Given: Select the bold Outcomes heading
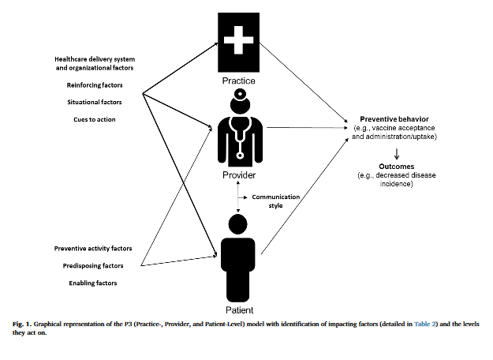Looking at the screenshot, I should pyautogui.click(x=394, y=167).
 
